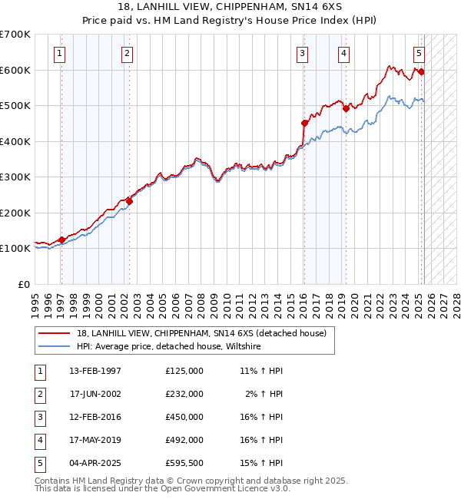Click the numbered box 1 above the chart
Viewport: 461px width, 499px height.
[x=60, y=54]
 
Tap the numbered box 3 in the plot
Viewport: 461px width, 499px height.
[x=303, y=54]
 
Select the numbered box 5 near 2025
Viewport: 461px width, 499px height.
[x=419, y=54]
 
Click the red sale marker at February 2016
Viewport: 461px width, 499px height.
[x=304, y=123]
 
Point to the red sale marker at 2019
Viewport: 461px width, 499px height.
[x=346, y=108]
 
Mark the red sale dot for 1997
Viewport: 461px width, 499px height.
[x=61, y=240]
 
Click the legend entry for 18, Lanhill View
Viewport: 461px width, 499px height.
[x=201, y=333]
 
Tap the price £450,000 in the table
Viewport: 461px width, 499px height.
[x=184, y=417]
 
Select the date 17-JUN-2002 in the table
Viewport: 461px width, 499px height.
[x=95, y=394]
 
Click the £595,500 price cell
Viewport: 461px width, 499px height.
[x=184, y=463]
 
